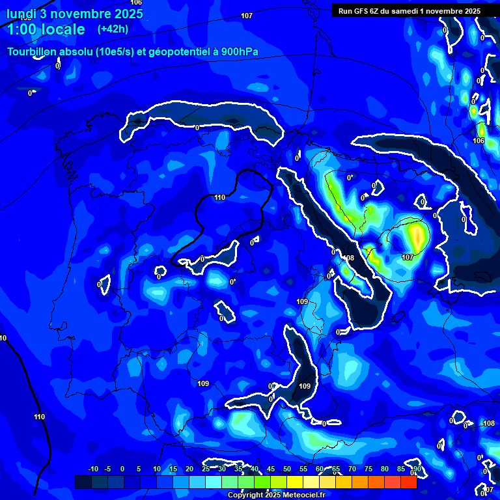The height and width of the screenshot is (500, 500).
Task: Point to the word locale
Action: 62,30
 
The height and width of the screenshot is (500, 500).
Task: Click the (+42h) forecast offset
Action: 113,29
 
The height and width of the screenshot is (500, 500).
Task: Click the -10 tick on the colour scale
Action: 92,469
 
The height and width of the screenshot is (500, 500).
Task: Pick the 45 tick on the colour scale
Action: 271,469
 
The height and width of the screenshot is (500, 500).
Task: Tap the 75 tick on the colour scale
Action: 368,469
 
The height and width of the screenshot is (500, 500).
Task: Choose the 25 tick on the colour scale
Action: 206,469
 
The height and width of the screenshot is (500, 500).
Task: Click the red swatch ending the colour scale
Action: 408,482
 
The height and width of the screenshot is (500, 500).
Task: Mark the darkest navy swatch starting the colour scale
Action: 83,482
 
